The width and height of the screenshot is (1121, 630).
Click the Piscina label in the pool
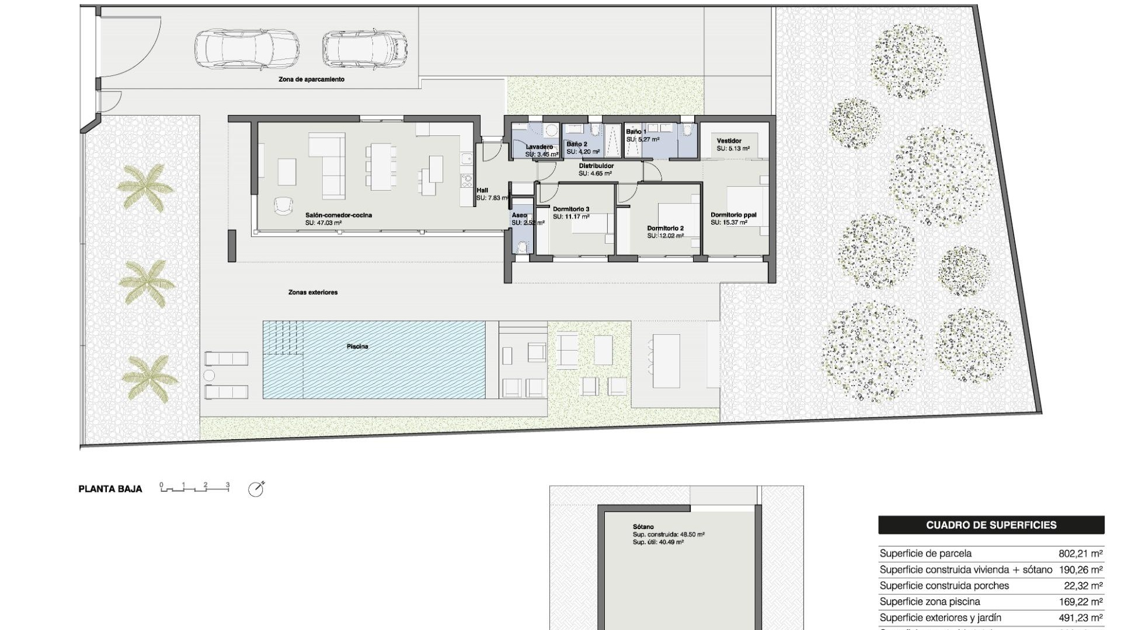point(357,346)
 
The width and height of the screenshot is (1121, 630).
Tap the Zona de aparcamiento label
point(311,79)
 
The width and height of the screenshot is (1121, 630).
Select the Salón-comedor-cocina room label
point(339,215)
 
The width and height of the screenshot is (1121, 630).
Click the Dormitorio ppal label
point(733,215)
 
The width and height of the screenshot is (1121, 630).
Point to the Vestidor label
point(729,141)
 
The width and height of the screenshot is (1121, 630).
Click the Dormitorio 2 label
point(665,228)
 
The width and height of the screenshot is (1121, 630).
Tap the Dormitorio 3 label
point(571,209)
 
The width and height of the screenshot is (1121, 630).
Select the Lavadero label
point(539,146)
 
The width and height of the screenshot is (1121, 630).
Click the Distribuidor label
point(596,166)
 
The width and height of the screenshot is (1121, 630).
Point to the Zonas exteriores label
point(313,292)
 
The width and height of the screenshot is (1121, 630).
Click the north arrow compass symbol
point(256,489)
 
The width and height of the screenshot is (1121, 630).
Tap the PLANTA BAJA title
point(110,489)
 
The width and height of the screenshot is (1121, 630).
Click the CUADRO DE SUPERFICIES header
point(991,525)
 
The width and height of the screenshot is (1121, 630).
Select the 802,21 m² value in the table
point(1080,554)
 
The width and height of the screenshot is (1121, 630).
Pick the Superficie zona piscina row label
point(929,601)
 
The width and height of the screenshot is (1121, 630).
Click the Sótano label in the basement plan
point(643,527)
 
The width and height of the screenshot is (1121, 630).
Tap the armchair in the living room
point(284,205)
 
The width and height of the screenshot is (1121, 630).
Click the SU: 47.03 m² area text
point(323,223)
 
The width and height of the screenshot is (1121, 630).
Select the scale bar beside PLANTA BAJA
point(194,488)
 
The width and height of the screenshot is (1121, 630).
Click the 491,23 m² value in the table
point(1080,618)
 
